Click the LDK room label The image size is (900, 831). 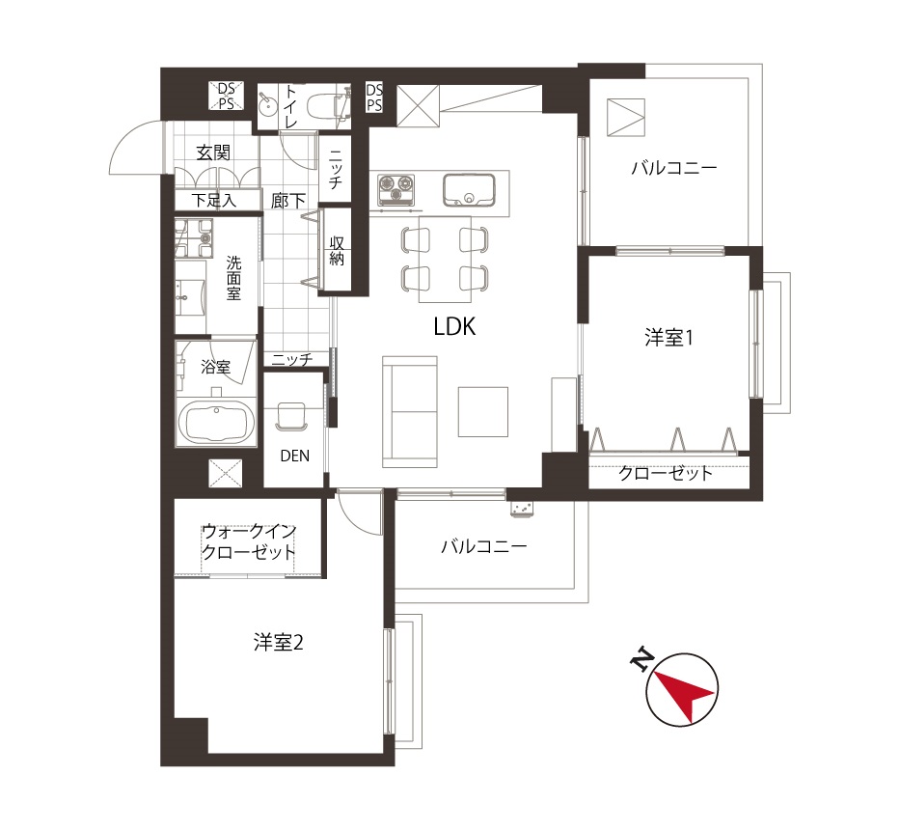[x=454, y=327]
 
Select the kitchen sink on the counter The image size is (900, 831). [x=469, y=190]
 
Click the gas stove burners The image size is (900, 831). [x=395, y=189]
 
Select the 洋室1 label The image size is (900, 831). [x=668, y=338]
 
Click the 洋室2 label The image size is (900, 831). [x=279, y=643]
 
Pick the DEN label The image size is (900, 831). [x=295, y=456]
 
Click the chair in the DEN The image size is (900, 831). [x=292, y=416]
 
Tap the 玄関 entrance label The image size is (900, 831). [x=213, y=152]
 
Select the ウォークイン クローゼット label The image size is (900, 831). [x=249, y=541]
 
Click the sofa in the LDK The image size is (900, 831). [x=410, y=412]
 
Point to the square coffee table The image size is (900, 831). [x=482, y=412]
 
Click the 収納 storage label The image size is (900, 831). [x=337, y=250]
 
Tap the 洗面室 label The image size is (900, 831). [x=233, y=279]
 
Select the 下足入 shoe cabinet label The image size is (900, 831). [x=213, y=201]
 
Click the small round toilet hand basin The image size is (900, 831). [x=267, y=105]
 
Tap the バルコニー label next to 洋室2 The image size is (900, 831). [x=484, y=546]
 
